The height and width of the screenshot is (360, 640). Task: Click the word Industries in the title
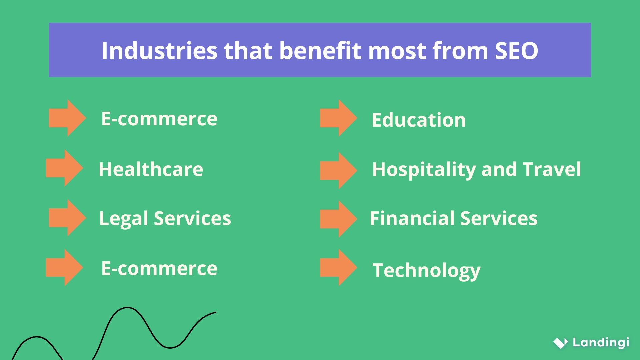[x=159, y=51]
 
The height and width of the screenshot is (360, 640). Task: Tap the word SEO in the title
[x=516, y=51]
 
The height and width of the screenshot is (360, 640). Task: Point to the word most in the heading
[x=397, y=51]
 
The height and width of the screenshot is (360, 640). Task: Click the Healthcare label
[x=151, y=169]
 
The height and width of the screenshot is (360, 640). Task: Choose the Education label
[x=419, y=120]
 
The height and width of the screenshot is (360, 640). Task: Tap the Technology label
[x=426, y=270]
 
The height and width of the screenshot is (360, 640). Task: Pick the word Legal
[x=123, y=219]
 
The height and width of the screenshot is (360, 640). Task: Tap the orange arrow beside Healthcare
[x=64, y=168]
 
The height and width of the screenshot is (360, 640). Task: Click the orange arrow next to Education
[x=338, y=118]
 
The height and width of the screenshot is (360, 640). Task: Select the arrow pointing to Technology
[x=338, y=268]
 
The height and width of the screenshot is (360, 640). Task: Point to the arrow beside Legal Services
[x=67, y=218]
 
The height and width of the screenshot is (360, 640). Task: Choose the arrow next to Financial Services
[x=338, y=219]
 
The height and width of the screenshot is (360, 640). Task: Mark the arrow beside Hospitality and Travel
[x=338, y=171]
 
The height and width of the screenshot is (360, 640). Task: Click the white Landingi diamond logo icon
[x=561, y=343]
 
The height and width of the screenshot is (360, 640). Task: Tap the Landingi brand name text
[x=601, y=342]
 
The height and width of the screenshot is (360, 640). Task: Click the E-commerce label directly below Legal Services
[x=159, y=268]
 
